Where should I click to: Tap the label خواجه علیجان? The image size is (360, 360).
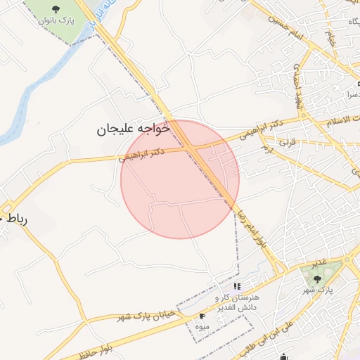point(134,129)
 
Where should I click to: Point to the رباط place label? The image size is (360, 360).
point(15,219)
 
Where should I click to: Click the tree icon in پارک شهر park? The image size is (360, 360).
point(317,278)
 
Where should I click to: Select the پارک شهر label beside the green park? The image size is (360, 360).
point(317,290)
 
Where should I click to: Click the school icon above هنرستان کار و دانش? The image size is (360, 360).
point(238,286)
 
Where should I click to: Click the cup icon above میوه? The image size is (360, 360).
point(203,316)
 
